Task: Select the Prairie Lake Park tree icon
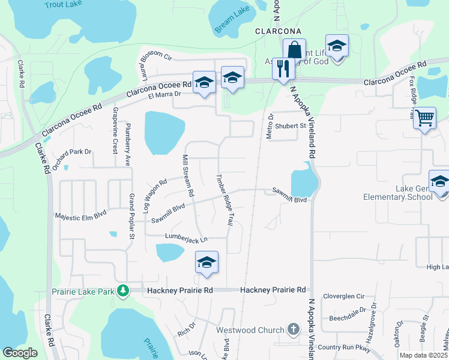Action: click(x=123, y=291)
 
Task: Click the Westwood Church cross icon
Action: click(x=293, y=329)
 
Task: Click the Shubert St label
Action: click(x=291, y=125)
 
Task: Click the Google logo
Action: click(x=20, y=352)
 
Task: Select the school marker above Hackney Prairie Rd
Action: click(x=206, y=262)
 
